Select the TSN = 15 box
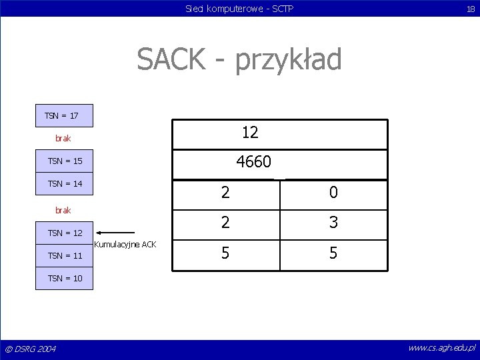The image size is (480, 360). pyautogui.click(x=65, y=161)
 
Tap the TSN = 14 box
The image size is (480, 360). pyautogui.click(x=65, y=183)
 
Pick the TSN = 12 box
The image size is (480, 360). pyautogui.click(x=65, y=233)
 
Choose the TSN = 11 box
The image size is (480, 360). pyautogui.click(x=65, y=255)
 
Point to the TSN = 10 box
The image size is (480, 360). pyautogui.click(x=65, y=278)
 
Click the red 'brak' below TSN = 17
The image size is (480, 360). pyautogui.click(x=63, y=139)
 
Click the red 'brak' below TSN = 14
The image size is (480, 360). pyautogui.click(x=63, y=210)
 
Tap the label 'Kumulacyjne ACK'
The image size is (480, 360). pyautogui.click(x=125, y=245)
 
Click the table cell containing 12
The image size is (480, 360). pyautogui.click(x=280, y=133)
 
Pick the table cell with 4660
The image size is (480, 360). pyautogui.click(x=280, y=163)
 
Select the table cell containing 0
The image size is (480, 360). pyautogui.click(x=333, y=193)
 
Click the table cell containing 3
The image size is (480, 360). pyautogui.click(x=333, y=223)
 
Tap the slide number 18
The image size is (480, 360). pyautogui.click(x=470, y=9)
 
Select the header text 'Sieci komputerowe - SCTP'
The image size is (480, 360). pyautogui.click(x=239, y=9)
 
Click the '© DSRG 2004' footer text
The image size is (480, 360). pyautogui.click(x=31, y=349)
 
